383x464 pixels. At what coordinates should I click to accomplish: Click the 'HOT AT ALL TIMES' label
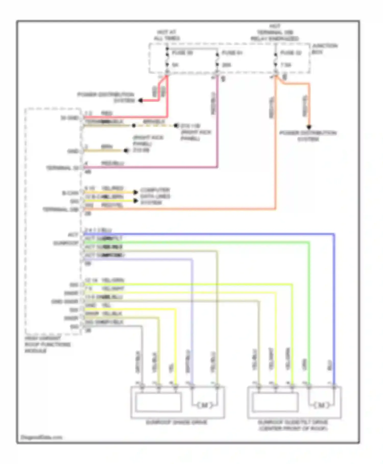(x=167, y=35)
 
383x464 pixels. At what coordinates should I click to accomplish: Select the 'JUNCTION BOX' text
(x=324, y=49)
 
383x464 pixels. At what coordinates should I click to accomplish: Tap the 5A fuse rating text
(x=175, y=65)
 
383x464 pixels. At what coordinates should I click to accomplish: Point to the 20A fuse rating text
(x=226, y=65)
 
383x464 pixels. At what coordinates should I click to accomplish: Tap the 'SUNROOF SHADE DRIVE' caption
(x=176, y=422)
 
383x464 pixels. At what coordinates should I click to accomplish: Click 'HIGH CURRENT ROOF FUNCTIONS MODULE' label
(x=47, y=345)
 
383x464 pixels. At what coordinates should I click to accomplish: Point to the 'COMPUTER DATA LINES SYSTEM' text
(x=155, y=196)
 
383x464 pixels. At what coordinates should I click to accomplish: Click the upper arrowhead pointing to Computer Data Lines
(x=136, y=192)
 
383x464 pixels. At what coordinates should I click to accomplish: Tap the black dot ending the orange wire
(x=309, y=127)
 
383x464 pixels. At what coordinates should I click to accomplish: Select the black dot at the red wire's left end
(x=140, y=101)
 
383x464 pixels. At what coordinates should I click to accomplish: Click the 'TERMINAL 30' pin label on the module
(x=62, y=168)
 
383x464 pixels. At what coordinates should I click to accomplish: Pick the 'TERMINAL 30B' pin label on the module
(x=61, y=209)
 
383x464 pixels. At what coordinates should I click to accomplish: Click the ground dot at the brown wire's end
(x=126, y=151)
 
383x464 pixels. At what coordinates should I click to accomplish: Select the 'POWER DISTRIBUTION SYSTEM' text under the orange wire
(x=308, y=136)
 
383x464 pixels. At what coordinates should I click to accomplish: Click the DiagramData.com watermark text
(x=41, y=437)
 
